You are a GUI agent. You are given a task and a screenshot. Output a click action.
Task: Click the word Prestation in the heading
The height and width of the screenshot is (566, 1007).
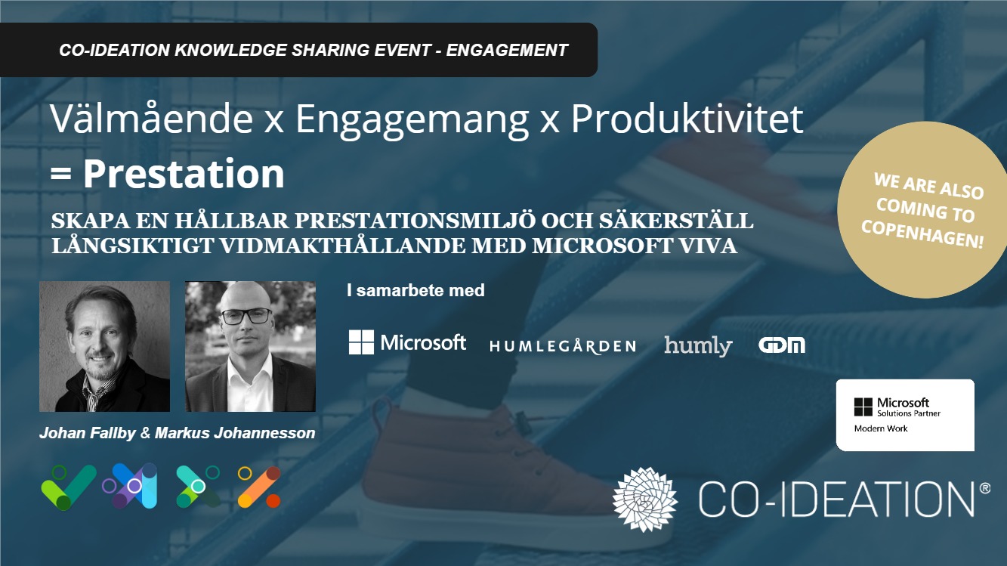click(184, 174)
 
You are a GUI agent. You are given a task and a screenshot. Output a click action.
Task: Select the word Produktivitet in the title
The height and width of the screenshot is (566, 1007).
click(687, 119)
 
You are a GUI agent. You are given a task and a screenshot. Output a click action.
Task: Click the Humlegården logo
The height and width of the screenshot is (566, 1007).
click(563, 346)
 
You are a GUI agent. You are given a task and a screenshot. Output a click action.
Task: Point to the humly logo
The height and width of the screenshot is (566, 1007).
click(698, 345)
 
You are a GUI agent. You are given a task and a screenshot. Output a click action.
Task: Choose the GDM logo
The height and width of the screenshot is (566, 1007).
click(782, 345)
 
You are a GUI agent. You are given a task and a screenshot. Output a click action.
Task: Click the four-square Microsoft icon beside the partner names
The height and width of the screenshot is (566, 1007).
click(361, 342)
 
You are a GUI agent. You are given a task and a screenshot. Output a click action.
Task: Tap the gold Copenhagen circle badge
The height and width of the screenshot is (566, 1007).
click(922, 209)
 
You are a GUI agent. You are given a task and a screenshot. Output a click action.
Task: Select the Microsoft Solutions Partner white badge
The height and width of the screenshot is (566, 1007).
click(905, 415)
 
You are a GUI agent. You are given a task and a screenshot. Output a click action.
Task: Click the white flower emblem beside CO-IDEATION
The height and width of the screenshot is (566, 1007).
click(645, 499)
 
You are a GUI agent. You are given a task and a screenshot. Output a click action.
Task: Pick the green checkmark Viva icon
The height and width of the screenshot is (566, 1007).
click(68, 487)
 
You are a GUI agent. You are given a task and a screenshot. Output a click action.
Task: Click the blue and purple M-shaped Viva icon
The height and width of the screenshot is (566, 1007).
click(130, 486)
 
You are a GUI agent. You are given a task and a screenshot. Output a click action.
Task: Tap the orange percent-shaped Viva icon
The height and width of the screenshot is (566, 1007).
click(259, 487)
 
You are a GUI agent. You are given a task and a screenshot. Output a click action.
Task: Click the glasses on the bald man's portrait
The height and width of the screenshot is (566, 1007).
click(246, 316)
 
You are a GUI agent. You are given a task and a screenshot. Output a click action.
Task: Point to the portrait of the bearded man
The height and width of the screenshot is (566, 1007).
click(105, 347)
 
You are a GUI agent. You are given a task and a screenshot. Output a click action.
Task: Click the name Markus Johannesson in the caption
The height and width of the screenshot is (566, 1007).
click(235, 433)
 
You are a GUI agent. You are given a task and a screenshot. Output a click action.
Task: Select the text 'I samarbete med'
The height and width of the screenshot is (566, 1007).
click(415, 290)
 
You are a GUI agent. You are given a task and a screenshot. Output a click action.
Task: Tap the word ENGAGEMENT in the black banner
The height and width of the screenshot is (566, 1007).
click(507, 50)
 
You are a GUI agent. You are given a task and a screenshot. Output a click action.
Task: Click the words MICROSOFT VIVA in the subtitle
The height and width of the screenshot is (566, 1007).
click(635, 246)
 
